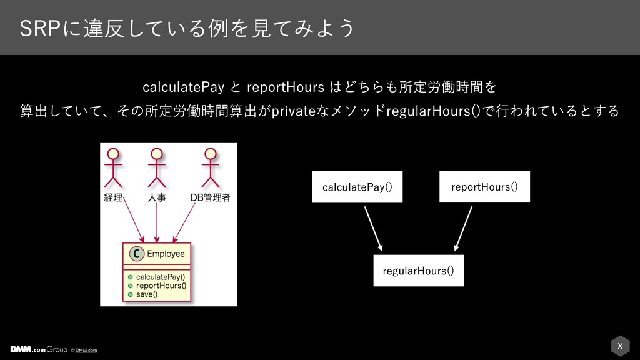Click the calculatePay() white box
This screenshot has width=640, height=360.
tap(357, 187)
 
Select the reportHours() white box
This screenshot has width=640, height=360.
tap(484, 186)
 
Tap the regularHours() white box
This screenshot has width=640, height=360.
tap(418, 271)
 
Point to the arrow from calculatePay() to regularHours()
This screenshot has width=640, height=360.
tap(374, 229)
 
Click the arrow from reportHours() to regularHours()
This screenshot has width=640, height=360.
tap(463, 229)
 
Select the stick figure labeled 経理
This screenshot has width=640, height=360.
tap(113, 167)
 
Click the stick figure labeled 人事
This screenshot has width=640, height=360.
tap(157, 167)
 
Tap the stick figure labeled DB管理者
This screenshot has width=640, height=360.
tap(210, 167)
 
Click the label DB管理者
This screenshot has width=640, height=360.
tap(210, 198)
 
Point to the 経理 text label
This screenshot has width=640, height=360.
tap(113, 198)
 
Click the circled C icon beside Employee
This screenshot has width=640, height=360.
tap(137, 254)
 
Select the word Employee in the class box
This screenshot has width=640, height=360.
tap(166, 254)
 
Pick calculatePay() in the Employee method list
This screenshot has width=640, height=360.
tap(161, 277)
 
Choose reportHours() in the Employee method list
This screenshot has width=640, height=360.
tap(161, 286)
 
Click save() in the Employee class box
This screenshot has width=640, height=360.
tap(147, 294)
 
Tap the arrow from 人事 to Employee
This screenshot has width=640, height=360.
tap(157, 223)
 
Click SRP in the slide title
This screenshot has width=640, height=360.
tap(40, 29)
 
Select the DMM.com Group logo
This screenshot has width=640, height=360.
tap(39, 349)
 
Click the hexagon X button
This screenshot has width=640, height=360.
tap(620, 346)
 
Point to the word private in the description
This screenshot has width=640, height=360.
tap(294, 111)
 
